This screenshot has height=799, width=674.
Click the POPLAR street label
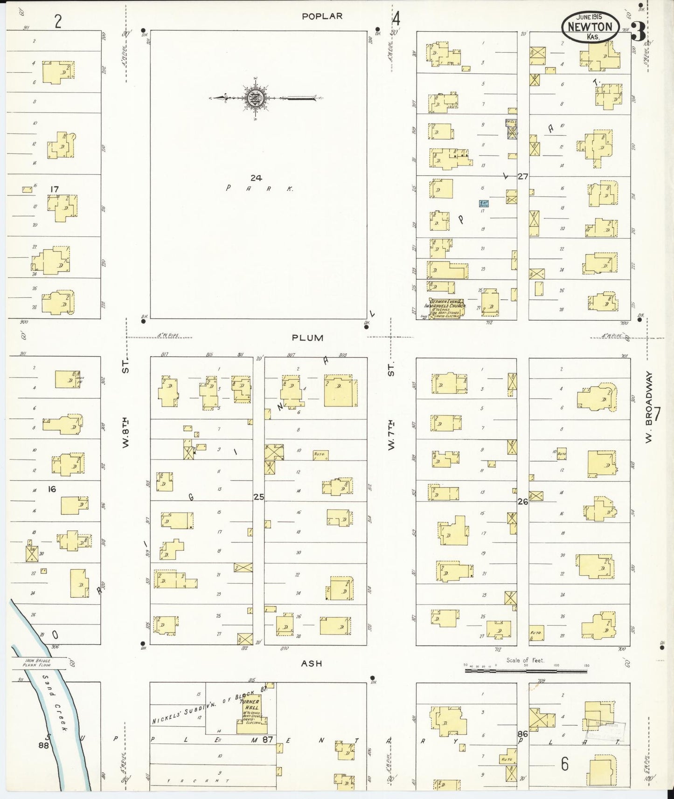pos(322,16)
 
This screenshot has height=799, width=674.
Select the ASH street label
pos(311,663)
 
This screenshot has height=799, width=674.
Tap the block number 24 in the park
pos(256,178)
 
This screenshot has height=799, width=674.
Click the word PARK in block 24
pos(259,188)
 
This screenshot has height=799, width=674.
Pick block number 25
pos(259,497)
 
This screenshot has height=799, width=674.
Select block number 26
pos(523,502)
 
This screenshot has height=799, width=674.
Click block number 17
pos(55,189)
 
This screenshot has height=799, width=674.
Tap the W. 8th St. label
pos(125,406)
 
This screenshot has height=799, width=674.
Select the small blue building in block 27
pos(484,203)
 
